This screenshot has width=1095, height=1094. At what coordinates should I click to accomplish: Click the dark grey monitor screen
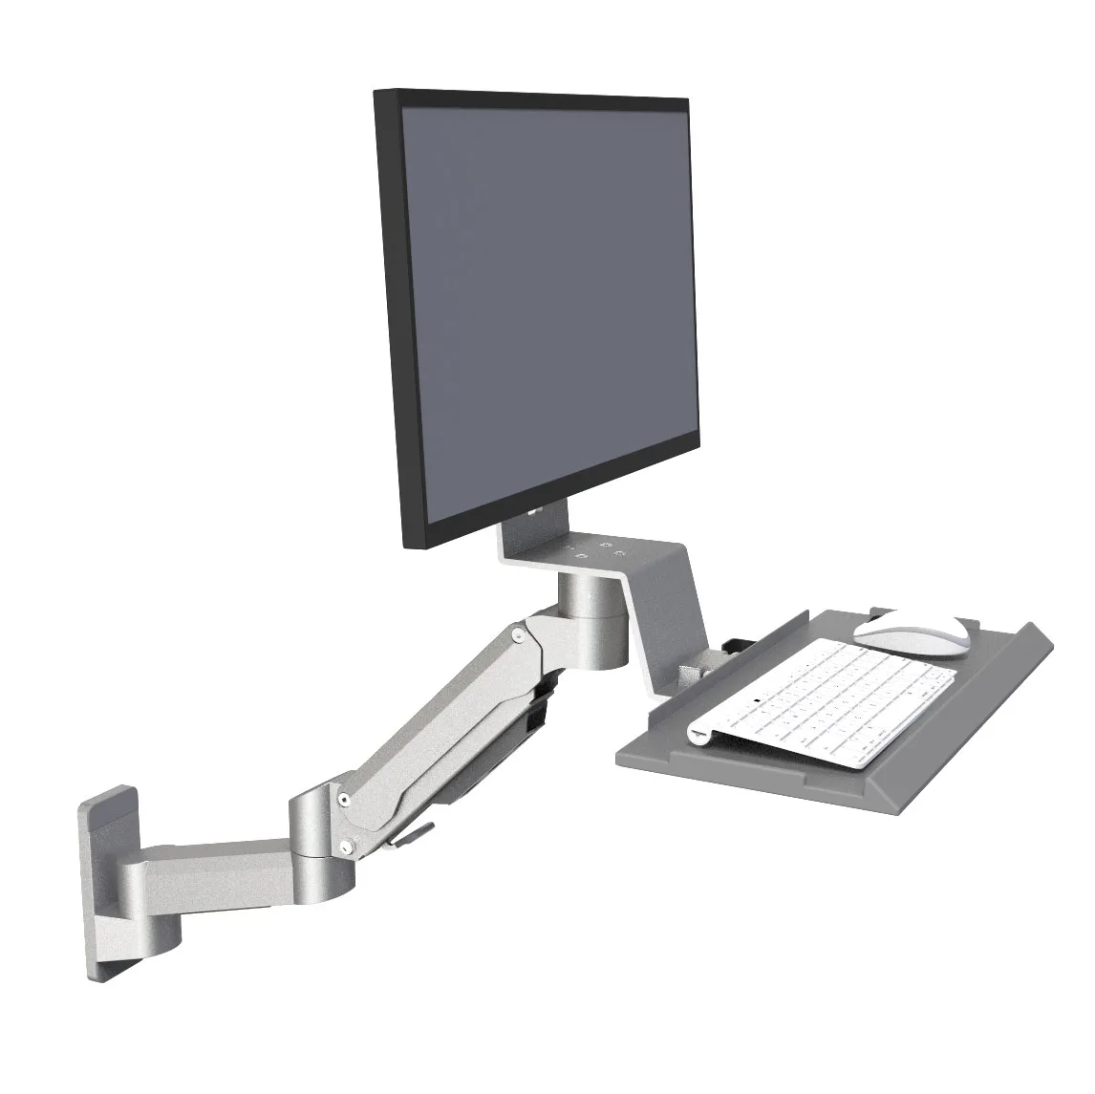[x=545, y=306]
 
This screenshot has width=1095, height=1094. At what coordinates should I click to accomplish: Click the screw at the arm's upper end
[x=517, y=633]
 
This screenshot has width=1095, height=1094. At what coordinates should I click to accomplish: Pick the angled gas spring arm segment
[x=440, y=726]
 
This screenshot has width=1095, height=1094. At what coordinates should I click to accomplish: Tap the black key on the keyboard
[x=758, y=704]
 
